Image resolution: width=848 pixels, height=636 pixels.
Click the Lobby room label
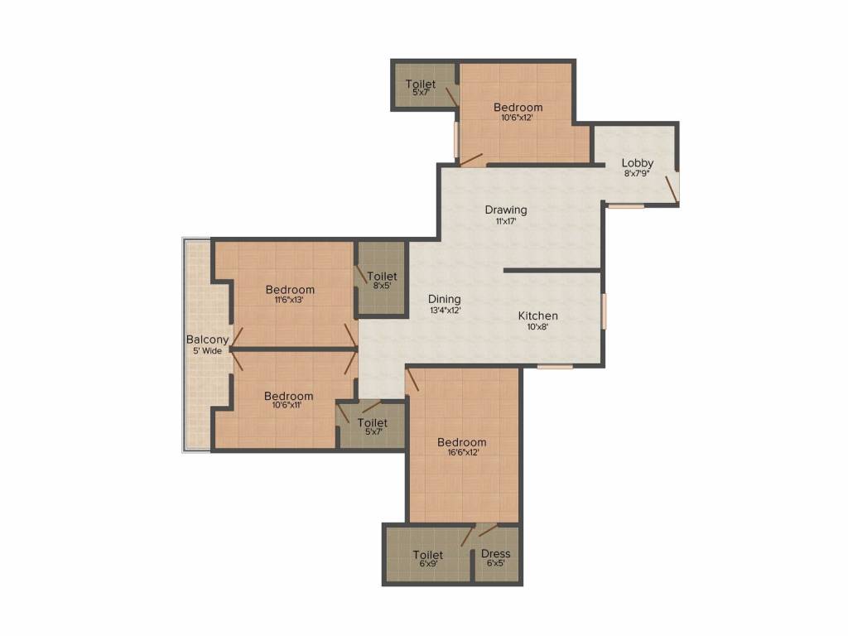pyautogui.click(x=638, y=163)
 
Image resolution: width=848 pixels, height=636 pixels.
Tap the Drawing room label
pyautogui.click(x=506, y=210)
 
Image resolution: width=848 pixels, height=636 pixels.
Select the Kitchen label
pyautogui.click(x=538, y=316)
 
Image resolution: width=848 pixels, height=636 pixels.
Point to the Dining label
pyautogui.click(x=445, y=299)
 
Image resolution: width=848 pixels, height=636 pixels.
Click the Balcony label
pyautogui.click(x=207, y=340)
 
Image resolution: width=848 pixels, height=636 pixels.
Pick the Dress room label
pyautogui.click(x=495, y=554)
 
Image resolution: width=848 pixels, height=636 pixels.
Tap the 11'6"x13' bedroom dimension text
pyautogui.click(x=290, y=301)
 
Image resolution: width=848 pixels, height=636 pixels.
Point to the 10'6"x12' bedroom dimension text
pyautogui.click(x=518, y=118)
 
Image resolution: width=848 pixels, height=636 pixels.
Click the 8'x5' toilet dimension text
pyautogui.click(x=382, y=287)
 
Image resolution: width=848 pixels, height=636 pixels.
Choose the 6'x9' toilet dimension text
pyautogui.click(x=428, y=564)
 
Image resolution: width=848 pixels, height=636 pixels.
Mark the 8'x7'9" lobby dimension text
pyautogui.click(x=638, y=174)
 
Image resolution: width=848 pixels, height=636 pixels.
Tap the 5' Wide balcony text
pyautogui.click(x=207, y=351)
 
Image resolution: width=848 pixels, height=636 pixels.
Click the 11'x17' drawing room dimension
pyautogui.click(x=506, y=221)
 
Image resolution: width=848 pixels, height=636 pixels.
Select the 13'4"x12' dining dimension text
pyautogui.click(x=445, y=311)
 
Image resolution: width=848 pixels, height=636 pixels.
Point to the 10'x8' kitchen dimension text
pyautogui.click(x=538, y=326)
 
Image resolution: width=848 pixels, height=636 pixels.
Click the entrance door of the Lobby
pyautogui.click(x=675, y=186)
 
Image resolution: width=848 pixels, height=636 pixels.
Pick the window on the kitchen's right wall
pyautogui.click(x=604, y=311)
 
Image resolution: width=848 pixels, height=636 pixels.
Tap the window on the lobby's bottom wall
pyautogui.click(x=625, y=205)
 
